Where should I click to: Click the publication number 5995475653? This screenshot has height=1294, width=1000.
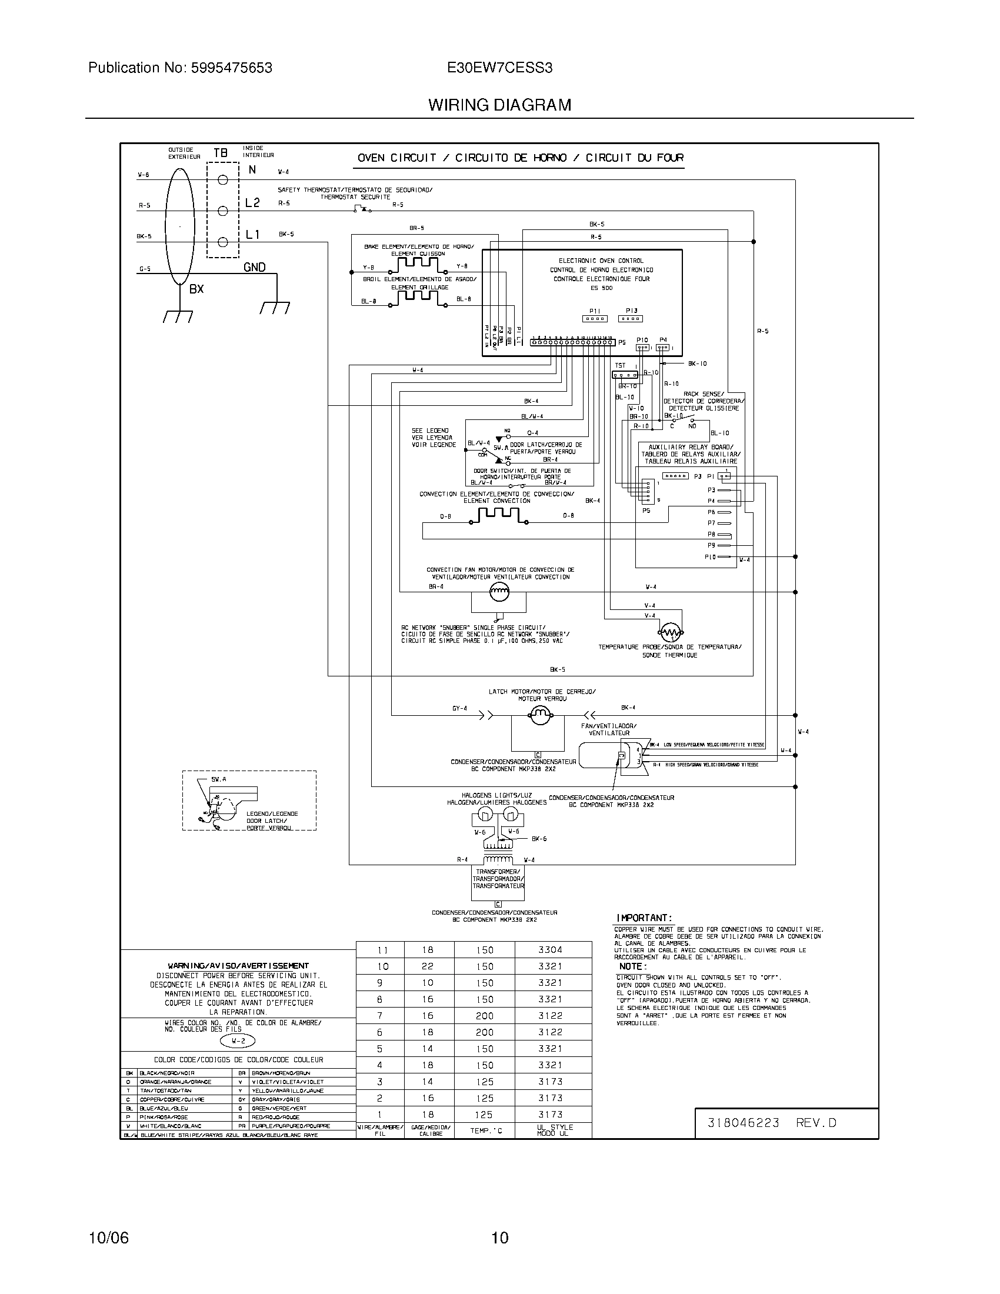click(x=231, y=68)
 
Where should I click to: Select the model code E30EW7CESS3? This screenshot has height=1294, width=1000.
click(x=500, y=68)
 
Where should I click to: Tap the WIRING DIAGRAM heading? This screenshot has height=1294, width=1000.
click(x=500, y=105)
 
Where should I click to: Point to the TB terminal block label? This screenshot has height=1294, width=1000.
click(x=221, y=153)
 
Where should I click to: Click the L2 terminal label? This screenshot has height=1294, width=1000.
click(x=252, y=203)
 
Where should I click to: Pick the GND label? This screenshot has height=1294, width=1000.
click(x=255, y=267)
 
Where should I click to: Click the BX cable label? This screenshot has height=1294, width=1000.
click(x=196, y=289)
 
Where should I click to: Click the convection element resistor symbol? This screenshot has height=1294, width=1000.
click(x=498, y=515)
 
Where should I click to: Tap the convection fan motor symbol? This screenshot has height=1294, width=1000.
click(x=499, y=590)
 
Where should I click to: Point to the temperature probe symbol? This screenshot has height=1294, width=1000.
click(x=671, y=633)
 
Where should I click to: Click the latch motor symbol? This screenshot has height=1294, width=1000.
click(x=539, y=716)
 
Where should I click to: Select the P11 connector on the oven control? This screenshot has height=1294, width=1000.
click(x=595, y=319)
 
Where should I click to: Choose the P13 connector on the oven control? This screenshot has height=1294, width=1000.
click(x=631, y=319)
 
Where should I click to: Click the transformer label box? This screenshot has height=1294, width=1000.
click(x=498, y=879)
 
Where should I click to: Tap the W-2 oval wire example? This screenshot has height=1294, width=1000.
click(x=238, y=1041)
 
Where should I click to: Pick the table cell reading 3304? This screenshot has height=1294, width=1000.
click(x=551, y=950)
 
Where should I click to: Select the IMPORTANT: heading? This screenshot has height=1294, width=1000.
click(x=645, y=918)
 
